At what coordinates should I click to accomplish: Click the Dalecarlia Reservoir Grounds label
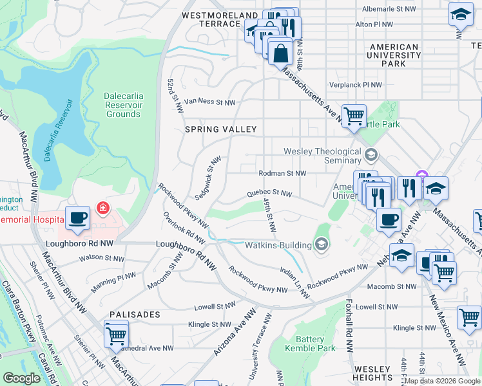point(122,105)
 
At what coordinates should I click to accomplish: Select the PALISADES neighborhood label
point(134,315)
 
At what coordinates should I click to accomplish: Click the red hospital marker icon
point(102,208)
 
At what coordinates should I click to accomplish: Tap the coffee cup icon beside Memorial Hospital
point(79,217)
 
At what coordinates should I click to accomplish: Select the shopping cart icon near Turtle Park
point(354,116)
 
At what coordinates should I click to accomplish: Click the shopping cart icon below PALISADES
point(116,334)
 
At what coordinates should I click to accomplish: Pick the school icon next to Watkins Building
point(321,244)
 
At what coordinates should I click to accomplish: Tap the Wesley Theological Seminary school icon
point(371,154)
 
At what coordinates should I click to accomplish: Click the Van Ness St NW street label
point(210,102)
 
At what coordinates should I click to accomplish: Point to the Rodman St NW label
point(282,173)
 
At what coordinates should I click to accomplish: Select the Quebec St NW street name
point(269,193)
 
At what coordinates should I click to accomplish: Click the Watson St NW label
point(100,258)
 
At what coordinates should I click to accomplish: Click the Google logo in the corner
point(21,378)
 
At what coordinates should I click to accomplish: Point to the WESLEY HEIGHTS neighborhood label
point(372,373)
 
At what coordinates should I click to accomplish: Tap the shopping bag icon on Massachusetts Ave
point(280,53)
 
